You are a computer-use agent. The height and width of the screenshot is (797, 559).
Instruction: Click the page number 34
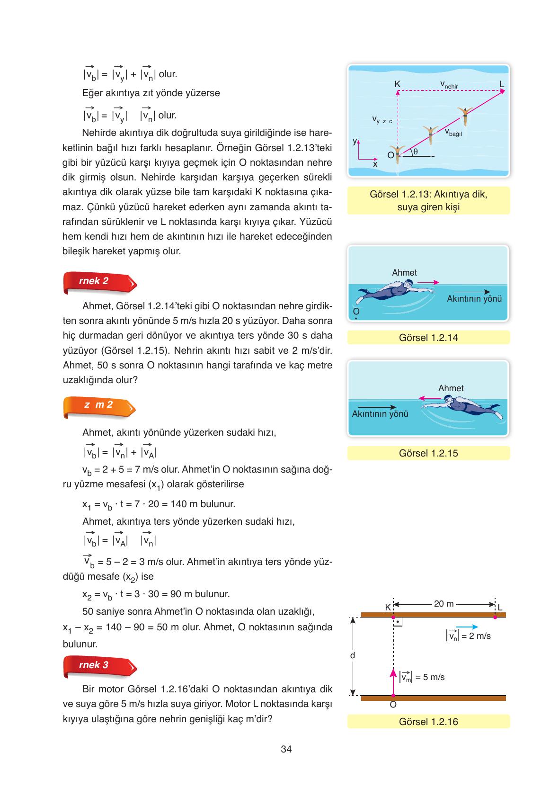pos(286,749)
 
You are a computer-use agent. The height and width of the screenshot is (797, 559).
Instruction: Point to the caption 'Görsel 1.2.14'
pos(428,338)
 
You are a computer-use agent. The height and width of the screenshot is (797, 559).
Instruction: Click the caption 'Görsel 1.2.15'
pos(428,453)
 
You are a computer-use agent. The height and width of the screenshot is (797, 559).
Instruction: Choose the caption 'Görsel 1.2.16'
pos(428,722)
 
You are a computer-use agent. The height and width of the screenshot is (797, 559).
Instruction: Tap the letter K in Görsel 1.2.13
pos(398,84)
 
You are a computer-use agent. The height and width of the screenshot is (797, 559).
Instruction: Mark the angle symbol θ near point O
pos(415,152)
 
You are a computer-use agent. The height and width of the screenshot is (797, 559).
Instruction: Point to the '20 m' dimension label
pos(444,604)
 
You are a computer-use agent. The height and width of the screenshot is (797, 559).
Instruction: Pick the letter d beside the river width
pos(352,656)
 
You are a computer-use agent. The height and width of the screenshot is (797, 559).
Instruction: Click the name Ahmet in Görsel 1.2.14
pos(404,273)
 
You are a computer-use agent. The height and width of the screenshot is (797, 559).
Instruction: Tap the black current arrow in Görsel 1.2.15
pos(377,407)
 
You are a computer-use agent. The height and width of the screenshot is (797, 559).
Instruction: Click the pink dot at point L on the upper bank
pos(495,617)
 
